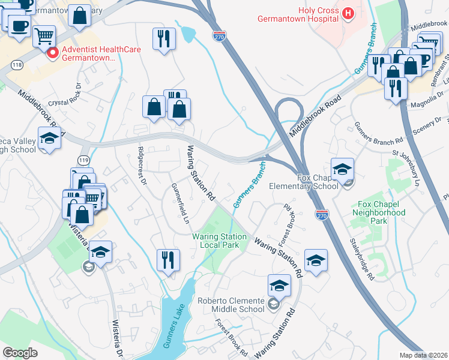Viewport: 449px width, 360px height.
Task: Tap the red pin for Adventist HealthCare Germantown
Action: pyautogui.click(x=53, y=53)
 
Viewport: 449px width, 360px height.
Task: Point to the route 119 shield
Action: pyautogui.click(x=84, y=160)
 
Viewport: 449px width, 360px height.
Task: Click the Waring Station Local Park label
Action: pyautogui.click(x=220, y=241)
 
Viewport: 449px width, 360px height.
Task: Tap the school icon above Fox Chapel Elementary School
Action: pyautogui.click(x=342, y=169)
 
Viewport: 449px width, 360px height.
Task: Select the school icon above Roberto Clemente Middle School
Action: pyautogui.click(x=279, y=286)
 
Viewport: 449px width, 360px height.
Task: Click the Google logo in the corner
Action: pyautogui.click(x=20, y=353)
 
